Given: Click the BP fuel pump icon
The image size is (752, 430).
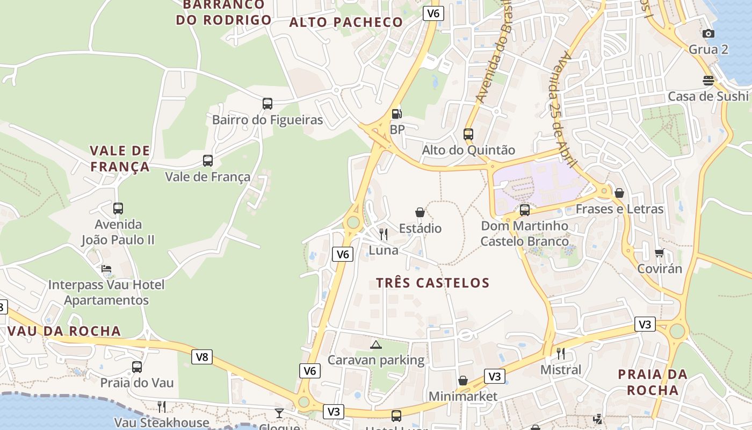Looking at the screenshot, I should click(396, 113).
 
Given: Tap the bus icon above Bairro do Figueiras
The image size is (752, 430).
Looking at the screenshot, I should click(267, 103).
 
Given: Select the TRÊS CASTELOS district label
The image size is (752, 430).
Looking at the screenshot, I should click(432, 283).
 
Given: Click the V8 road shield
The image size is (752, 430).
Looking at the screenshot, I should click(202, 356).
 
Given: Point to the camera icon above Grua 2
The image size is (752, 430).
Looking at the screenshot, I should click(708, 33).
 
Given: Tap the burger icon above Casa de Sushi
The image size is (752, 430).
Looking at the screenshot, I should click(708, 81).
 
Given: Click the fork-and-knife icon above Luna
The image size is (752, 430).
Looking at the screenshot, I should click(384, 234).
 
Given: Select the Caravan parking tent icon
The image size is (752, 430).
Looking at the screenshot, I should click(375, 344).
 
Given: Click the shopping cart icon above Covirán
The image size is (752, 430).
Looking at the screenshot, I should click(659, 253).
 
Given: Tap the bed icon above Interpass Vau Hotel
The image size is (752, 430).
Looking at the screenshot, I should click(106, 269).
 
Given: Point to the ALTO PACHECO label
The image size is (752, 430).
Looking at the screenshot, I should click(346, 22).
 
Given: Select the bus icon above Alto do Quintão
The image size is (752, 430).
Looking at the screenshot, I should click(468, 134).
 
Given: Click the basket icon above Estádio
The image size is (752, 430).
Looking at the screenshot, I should click(420, 212).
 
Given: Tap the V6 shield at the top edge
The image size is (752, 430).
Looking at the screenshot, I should click(433, 13).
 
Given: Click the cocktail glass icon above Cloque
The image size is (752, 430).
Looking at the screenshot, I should click(279, 413).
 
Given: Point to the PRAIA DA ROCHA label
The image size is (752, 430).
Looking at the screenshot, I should click(652, 382).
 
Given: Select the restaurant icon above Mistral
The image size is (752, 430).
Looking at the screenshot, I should click(560, 353).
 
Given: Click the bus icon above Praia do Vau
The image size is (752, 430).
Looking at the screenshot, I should click(137, 367).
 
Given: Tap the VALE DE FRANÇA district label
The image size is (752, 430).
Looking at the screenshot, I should click(120, 158).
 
